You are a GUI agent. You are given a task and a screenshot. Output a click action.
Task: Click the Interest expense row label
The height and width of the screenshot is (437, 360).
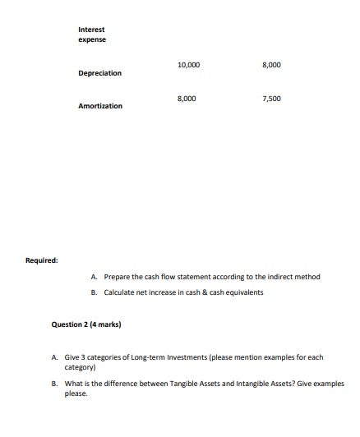pyautogui.click(x=92, y=34)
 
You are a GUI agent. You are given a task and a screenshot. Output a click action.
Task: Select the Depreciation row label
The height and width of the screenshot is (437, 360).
pyautogui.click(x=99, y=73)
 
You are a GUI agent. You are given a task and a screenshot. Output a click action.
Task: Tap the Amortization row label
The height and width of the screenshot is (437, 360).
pyautogui.click(x=100, y=106)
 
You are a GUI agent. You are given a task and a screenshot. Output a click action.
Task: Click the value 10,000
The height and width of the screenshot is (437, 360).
pyautogui.click(x=187, y=64)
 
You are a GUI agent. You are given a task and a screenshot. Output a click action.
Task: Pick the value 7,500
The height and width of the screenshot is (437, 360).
pyautogui.click(x=271, y=99)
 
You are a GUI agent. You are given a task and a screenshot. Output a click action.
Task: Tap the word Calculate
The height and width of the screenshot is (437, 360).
pyautogui.click(x=119, y=292)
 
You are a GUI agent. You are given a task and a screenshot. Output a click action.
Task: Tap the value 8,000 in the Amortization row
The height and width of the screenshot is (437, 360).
pyautogui.click(x=187, y=99)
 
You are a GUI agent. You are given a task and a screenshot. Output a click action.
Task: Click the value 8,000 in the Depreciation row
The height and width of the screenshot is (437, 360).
pyautogui.click(x=271, y=64)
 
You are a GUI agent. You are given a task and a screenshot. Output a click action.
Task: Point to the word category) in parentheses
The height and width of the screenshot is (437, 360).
pyautogui.click(x=81, y=369)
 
